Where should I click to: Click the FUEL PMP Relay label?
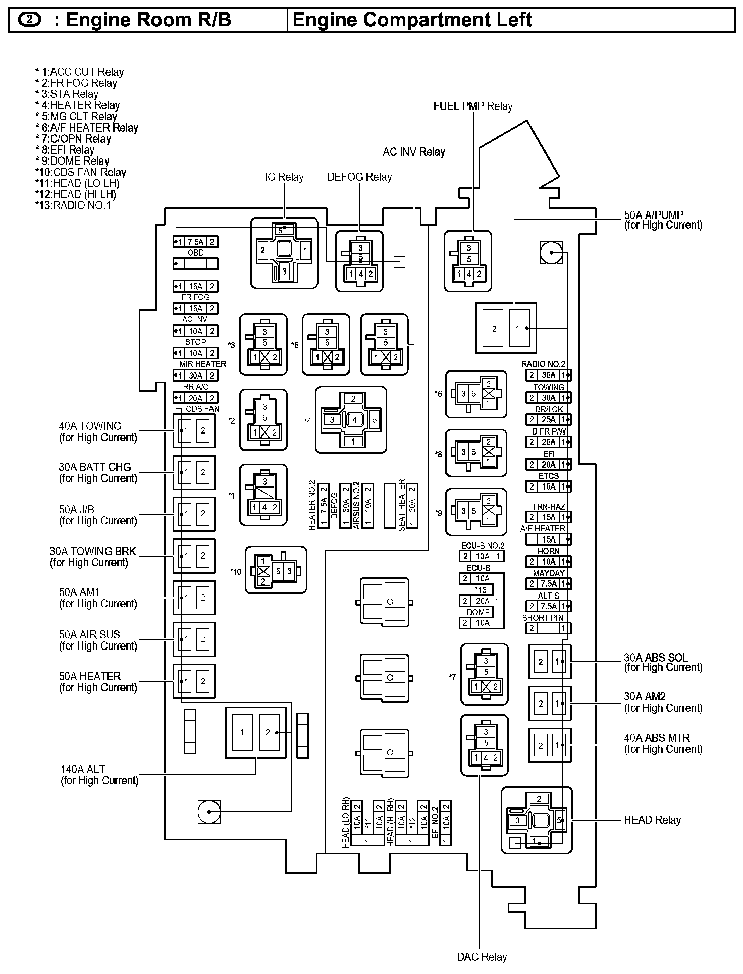473,106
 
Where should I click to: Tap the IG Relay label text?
284,177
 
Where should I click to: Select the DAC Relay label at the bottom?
482,957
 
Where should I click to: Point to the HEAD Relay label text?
652,820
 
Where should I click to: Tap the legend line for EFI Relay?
65,150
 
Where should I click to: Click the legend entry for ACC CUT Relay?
80,72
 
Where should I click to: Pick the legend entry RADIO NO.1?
73,205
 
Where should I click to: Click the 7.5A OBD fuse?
195,242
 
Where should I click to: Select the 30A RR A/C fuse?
195,375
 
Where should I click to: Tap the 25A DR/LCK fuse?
548,419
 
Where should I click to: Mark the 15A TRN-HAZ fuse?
548,517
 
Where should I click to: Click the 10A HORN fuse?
548,561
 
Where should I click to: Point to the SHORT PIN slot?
548,628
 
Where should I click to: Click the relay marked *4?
351,420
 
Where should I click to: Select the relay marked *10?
276,570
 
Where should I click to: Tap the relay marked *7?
484,674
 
